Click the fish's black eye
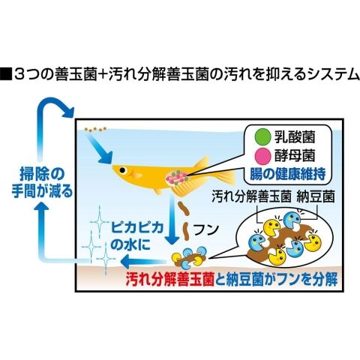122,170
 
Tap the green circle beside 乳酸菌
262,137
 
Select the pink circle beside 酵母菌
262,155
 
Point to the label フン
206,229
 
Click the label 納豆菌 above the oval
316,196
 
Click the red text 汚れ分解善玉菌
169,279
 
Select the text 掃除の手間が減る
42,182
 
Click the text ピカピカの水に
137,235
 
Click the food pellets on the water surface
95,129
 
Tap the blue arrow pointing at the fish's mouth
99,148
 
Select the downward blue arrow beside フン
171,220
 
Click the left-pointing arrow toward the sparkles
143,262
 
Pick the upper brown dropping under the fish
184,208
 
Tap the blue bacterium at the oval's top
292,220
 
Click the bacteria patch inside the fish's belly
177,178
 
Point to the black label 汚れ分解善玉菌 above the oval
252,196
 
